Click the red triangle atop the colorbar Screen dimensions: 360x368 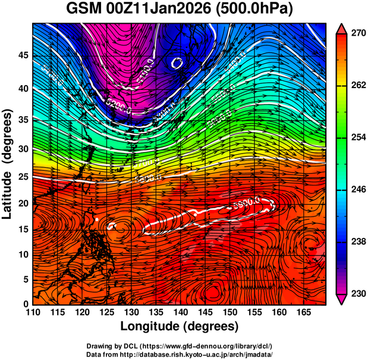pos(341,28)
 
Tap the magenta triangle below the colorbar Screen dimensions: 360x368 pos(341,299)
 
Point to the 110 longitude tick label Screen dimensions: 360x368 pos(33,312)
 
